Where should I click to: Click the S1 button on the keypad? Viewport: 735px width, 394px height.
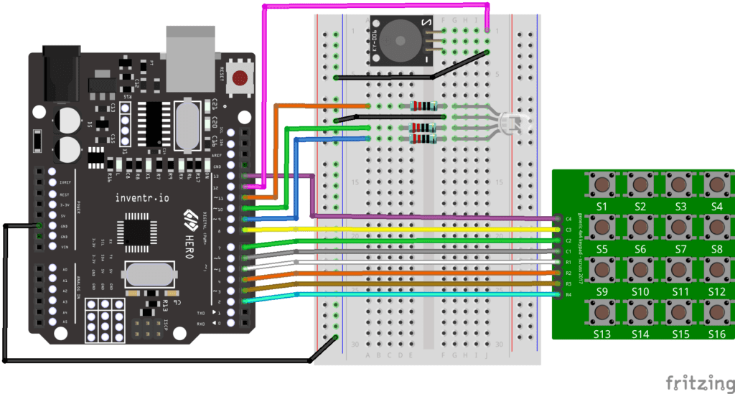[601, 186]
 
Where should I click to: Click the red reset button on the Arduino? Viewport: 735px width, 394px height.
[241, 78]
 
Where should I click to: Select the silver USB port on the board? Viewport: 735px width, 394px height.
[189, 47]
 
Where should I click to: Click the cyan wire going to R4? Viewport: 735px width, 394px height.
[402, 295]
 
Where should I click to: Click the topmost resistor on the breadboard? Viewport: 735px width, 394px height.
[423, 106]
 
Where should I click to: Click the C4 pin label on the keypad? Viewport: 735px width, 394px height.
[568, 217]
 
